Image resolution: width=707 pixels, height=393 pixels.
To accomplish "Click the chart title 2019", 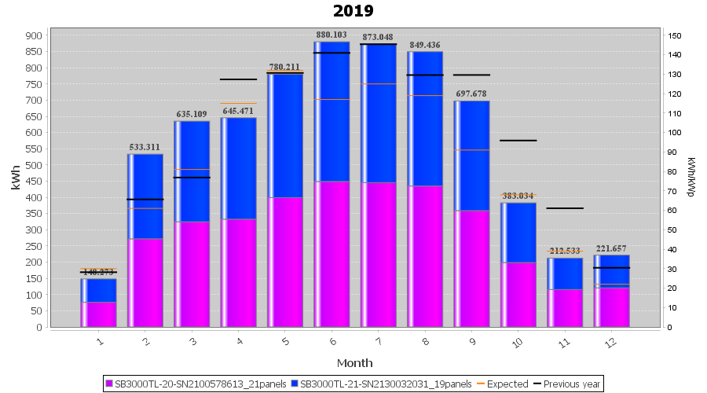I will pyautogui.click(x=353, y=11).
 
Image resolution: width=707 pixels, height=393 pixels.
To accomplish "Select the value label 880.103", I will pyautogui.click(x=332, y=35).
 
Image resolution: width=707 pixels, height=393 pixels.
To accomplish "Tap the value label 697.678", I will pyautogui.click(x=471, y=94).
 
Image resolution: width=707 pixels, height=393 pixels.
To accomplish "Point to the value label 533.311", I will pyautogui.click(x=145, y=147).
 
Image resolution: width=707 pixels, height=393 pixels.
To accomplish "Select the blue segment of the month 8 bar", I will pyautogui.click(x=425, y=118).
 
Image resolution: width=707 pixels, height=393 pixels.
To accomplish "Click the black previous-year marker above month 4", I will pyautogui.click(x=238, y=79).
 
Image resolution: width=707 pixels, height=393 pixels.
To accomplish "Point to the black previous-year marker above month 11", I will pyautogui.click(x=565, y=208).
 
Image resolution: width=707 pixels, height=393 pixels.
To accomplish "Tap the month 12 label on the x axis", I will pyautogui.click(x=610, y=342).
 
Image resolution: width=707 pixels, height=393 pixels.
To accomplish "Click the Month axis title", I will pyautogui.click(x=354, y=363).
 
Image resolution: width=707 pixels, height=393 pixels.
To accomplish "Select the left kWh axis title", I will pyautogui.click(x=15, y=182).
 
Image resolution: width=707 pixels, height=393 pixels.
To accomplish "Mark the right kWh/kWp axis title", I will pyautogui.click(x=691, y=178).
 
